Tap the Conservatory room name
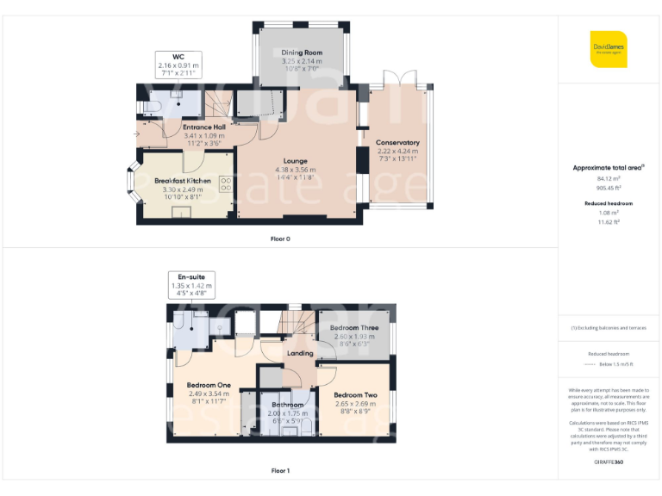[x=397, y=143]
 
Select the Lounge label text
[x=296, y=161]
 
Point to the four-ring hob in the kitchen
[x=226, y=184]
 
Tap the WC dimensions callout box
[x=178, y=65]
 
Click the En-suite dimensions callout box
[x=190, y=285]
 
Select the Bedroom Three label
[x=353, y=328]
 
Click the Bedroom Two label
[x=355, y=394]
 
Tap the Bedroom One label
[x=209, y=385]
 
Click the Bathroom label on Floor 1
[x=288, y=405]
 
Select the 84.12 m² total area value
[x=609, y=179]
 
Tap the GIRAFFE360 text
[x=609, y=462]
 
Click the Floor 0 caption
[x=280, y=239]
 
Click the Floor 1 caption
[x=280, y=471]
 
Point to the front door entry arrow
[x=139, y=133]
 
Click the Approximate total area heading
[x=609, y=168]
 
